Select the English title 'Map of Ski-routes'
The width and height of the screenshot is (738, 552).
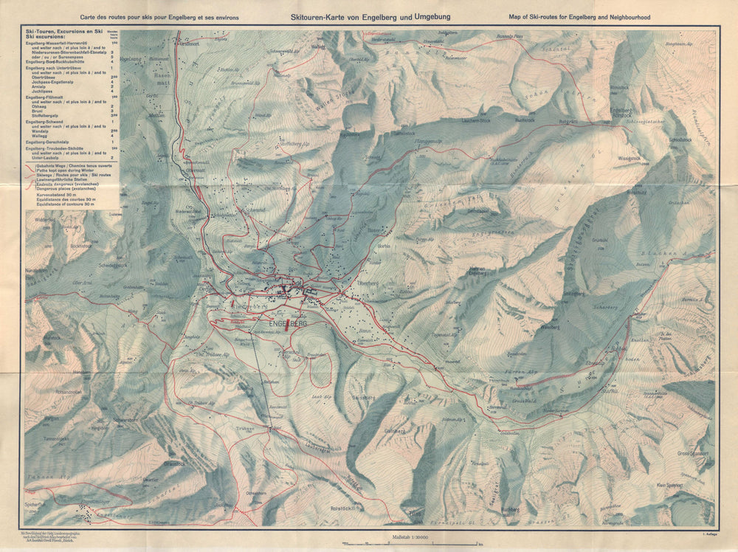(x=580, y=17)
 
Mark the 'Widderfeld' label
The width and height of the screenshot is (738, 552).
(x=44, y=219)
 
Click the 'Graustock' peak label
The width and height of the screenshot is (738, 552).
(x=174, y=463)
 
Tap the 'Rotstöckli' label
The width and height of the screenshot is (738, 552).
(x=345, y=508)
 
